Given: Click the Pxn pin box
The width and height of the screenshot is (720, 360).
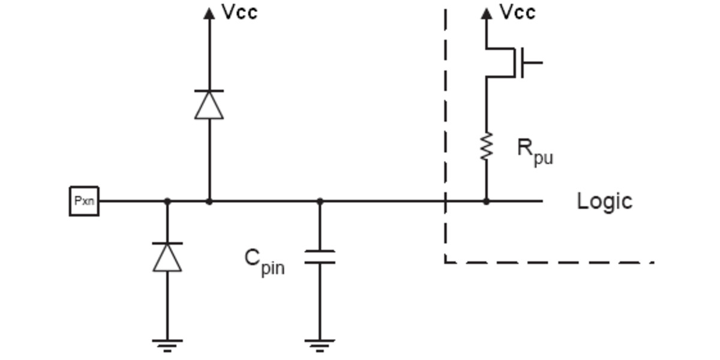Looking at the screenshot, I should pos(84,201).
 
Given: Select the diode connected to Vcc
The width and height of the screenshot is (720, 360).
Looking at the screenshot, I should pos(209,104).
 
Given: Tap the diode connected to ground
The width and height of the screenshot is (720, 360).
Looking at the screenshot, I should pos(167,257).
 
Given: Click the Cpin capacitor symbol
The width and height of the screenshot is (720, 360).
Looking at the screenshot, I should pos(319,257).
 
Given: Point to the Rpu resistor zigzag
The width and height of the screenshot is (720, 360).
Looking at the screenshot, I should pos(486,146).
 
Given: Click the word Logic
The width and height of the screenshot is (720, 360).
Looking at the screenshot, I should pos(604,201).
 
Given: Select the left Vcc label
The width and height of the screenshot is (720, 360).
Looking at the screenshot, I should pos(239,12).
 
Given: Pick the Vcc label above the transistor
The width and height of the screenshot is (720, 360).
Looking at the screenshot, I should pos(517,12).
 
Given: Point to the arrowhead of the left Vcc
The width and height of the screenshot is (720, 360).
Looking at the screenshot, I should pos(209,13).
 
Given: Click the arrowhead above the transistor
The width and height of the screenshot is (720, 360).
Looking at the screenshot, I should pos(486,13).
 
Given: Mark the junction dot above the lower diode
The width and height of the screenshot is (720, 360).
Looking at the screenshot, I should pos(167,202).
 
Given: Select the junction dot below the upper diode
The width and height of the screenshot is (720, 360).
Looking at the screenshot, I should pos(209,202).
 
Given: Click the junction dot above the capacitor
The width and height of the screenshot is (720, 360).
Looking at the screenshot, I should pos(319,202).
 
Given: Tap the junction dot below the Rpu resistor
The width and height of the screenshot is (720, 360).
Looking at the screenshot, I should pos(486,202).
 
